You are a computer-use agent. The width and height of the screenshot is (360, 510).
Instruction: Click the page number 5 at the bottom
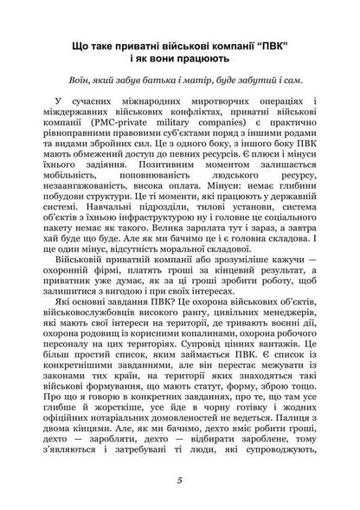[x=179, y=481]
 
